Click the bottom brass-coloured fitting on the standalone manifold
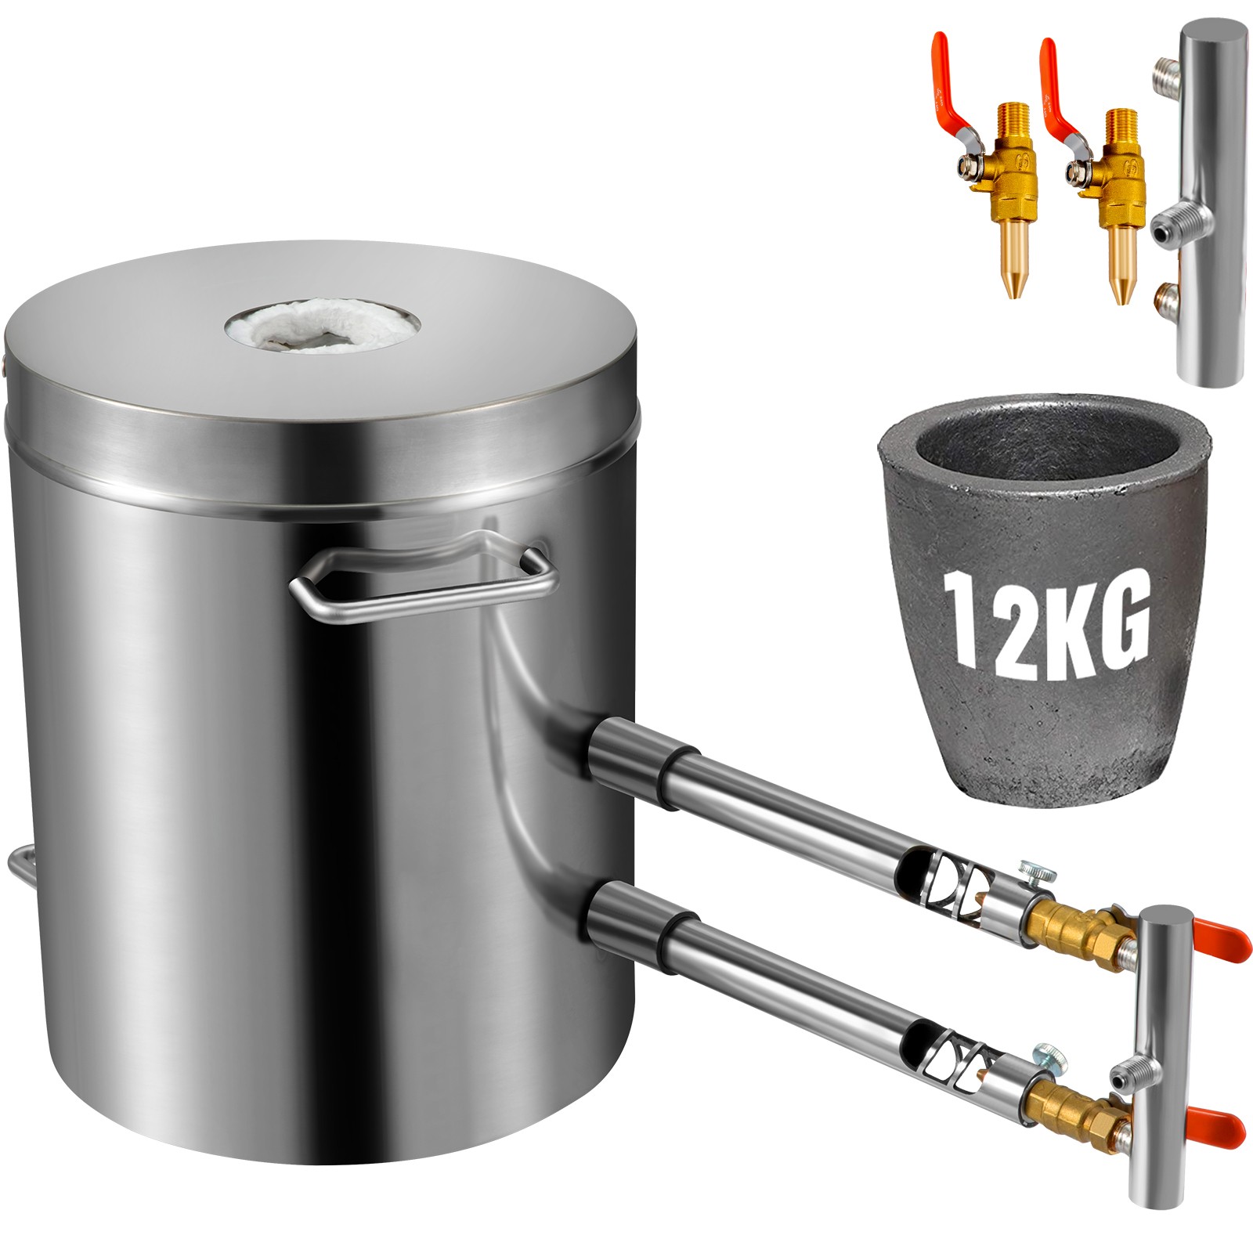tap(1165, 299)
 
